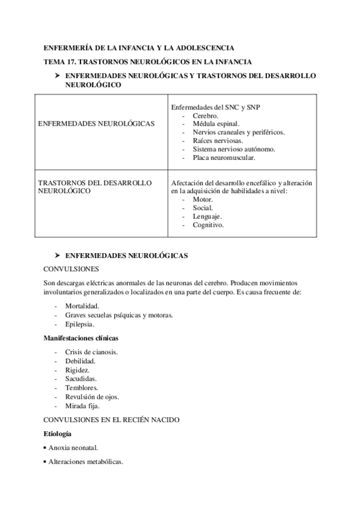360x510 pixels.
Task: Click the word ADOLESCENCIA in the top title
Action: point(202,48)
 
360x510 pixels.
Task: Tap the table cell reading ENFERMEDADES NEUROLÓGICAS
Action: point(96,124)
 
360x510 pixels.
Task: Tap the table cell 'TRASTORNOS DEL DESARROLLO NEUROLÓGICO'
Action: point(94,187)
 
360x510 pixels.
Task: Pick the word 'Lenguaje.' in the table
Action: point(207,217)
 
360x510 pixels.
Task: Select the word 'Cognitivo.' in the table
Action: point(209,225)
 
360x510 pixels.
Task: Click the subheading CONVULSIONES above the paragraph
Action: point(72,269)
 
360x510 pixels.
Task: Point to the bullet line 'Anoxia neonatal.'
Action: point(73,448)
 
